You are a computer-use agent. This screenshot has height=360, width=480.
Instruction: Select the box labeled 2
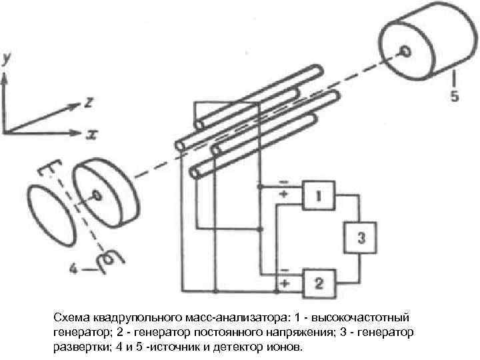coord(319,284)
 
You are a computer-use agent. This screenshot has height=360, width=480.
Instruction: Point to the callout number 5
coord(454,96)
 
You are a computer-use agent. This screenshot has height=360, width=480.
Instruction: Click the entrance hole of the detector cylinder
coord(403,51)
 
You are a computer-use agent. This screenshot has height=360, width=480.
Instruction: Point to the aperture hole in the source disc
coord(97,195)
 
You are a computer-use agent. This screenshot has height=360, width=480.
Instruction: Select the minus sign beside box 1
coord(285,181)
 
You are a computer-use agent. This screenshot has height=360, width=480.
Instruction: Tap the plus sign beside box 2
coord(285,283)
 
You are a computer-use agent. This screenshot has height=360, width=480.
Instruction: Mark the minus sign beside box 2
coord(285,270)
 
